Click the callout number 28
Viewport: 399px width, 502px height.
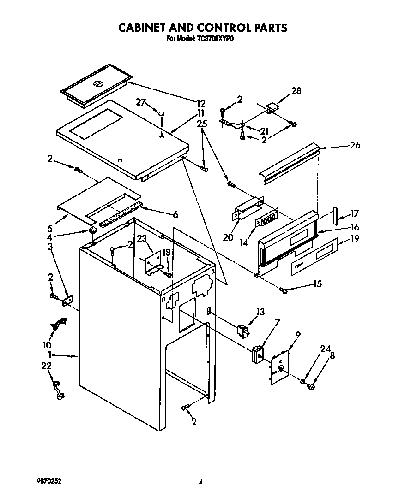pos(296,91)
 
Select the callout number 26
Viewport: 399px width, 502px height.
pos(355,145)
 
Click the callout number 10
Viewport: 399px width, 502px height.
pos(48,344)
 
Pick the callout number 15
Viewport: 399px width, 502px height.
pos(317,284)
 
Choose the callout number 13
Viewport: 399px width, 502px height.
pos(260,313)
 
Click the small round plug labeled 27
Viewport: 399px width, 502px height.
pos(162,113)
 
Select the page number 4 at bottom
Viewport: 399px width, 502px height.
pos(200,483)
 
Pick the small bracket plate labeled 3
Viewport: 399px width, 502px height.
pos(67,300)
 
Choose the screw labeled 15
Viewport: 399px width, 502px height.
pos(284,290)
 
